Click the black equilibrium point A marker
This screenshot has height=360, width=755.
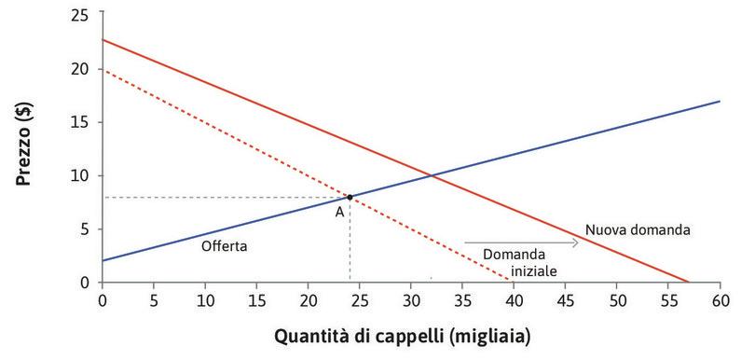350,197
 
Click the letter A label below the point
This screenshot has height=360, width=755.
340,212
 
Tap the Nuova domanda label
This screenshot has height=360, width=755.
636,229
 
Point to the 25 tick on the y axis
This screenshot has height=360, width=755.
86,16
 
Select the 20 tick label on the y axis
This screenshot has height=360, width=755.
86,69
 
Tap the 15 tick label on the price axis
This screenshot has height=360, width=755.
86,122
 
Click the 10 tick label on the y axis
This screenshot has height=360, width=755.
86,175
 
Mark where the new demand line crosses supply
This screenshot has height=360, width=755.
431,175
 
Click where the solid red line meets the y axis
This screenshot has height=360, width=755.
102,40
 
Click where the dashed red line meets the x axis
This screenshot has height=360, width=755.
510,282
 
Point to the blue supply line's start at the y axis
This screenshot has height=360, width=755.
102,260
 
